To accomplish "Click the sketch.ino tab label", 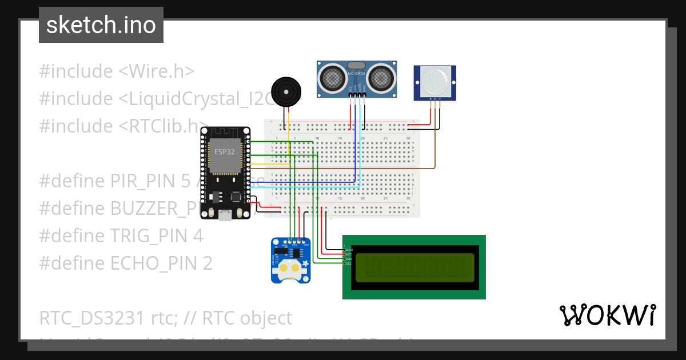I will pyautogui.click(x=101, y=25).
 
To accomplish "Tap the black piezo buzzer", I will pyautogui.click(x=285, y=91).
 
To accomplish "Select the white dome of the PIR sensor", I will pyautogui.click(x=435, y=82).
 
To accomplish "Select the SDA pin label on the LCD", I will pyautogui.click(x=349, y=259).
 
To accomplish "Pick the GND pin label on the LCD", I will pyautogui.click(x=349, y=250).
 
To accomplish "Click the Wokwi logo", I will pyautogui.click(x=607, y=315).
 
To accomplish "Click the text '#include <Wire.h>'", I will pyautogui.click(x=117, y=71).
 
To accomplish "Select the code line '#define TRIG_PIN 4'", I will pyautogui.click(x=121, y=235).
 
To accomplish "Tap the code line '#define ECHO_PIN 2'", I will pyautogui.click(x=126, y=263).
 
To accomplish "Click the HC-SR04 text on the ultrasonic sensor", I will pyautogui.click(x=356, y=74).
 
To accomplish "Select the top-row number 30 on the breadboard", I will pyautogui.click(x=408, y=139).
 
